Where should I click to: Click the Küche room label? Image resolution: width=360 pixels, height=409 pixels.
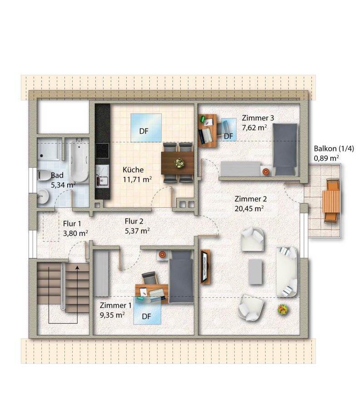tap(133, 170)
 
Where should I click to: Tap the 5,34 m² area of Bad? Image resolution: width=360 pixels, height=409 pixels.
tap(63, 185)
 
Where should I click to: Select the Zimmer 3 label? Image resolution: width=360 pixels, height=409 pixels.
tap(258, 118)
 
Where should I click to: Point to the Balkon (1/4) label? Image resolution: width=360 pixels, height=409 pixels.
tap(334, 149)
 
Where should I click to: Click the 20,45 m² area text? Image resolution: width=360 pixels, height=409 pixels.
tap(249, 209)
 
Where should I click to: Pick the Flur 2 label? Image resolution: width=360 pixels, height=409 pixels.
tap(134, 221)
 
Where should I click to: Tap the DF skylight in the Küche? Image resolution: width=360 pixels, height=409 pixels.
tap(146, 128)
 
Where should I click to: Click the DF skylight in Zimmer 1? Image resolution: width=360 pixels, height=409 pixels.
tap(147, 310)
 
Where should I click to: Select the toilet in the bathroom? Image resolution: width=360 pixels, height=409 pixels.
tap(44, 175)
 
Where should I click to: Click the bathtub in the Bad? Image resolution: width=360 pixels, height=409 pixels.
tap(79, 160)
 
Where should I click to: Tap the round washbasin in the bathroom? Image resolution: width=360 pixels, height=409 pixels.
tap(43, 196)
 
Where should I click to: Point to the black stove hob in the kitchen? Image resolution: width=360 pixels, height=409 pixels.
tap(102, 151)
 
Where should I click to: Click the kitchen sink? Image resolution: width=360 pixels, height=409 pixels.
tap(102, 176)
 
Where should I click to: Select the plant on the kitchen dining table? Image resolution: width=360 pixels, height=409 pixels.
tap(179, 163)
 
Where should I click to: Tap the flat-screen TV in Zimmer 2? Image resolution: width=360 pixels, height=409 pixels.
tap(206, 266)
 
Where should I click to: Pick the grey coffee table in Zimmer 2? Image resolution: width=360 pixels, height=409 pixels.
tap(255, 272)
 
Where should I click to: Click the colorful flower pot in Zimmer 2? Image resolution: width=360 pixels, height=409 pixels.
tap(283, 309)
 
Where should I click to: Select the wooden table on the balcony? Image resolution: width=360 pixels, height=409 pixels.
tap(331, 201)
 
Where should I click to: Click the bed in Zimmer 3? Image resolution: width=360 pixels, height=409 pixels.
tap(285, 150)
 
